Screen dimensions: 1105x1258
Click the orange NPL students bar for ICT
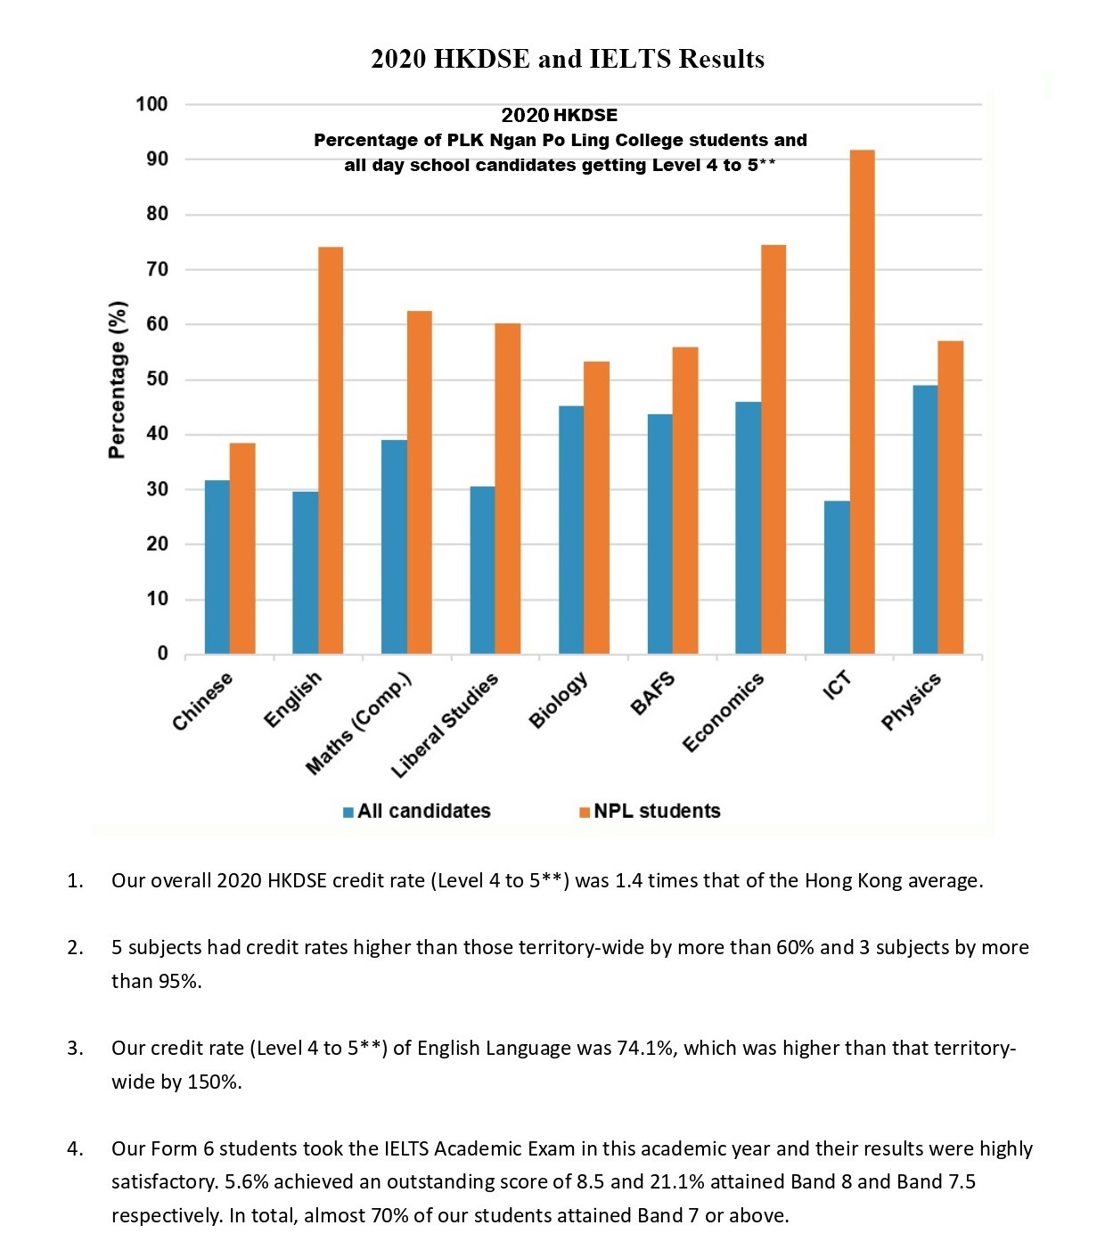click(x=862, y=402)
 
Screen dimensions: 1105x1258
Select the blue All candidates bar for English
click(x=305, y=573)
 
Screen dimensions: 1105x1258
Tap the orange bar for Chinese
click(x=242, y=548)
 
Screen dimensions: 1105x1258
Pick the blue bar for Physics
click(x=926, y=519)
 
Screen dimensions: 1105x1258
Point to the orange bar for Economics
click(x=773, y=450)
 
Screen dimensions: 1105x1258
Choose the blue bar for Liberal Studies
click(x=483, y=570)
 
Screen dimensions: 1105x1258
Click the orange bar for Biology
click(x=596, y=507)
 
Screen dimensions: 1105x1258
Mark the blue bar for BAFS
click(x=659, y=534)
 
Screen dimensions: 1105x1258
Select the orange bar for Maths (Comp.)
click(x=419, y=483)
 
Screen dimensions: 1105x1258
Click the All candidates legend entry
click(x=417, y=811)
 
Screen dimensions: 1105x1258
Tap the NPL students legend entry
click(x=650, y=811)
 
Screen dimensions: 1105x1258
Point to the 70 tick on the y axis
click(x=157, y=269)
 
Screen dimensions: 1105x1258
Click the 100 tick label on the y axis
click(x=151, y=104)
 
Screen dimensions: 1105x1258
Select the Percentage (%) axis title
click(x=117, y=380)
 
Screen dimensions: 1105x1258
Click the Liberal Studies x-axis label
click(x=445, y=725)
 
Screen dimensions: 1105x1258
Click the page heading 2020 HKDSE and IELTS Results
click(x=568, y=59)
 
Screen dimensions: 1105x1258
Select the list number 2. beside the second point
click(x=75, y=947)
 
